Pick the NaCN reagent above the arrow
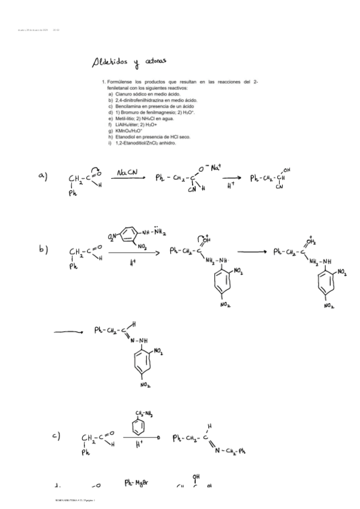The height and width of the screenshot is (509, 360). [126, 172]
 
